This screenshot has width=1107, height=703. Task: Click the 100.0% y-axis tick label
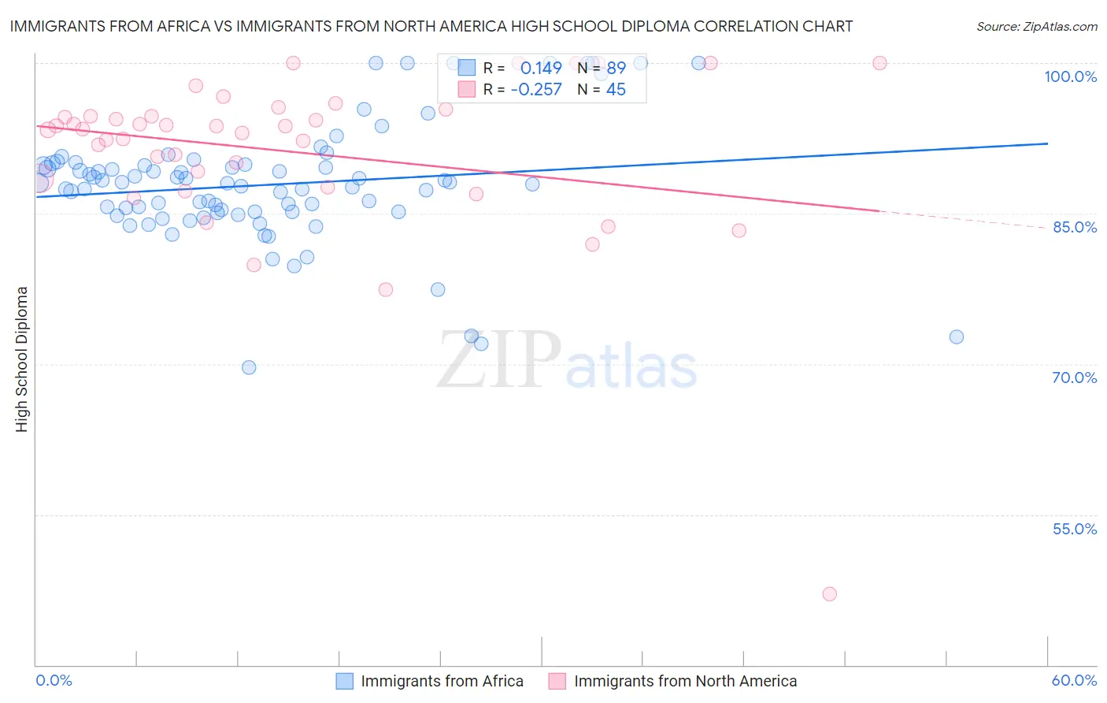1070,76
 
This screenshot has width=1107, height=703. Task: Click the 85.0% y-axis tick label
1075,227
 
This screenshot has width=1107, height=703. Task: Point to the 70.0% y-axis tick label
1075,378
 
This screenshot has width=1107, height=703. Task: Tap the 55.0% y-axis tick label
1075,529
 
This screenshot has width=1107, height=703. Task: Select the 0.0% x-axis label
54,680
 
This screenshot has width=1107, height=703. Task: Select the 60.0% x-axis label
1074,680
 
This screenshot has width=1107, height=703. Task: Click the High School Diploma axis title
22,359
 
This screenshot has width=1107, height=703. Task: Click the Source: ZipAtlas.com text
1036,27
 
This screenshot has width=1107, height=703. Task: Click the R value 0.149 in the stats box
541,69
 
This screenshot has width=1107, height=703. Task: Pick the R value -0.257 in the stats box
536,90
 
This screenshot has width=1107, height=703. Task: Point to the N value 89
616,69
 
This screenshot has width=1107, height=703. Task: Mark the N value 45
616,90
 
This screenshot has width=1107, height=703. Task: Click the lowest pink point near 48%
829,594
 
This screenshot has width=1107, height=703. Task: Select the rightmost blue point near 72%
957,337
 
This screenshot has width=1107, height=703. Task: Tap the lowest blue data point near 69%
249,367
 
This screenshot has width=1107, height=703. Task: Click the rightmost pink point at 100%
879,63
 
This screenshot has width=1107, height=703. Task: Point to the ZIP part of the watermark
499,359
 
